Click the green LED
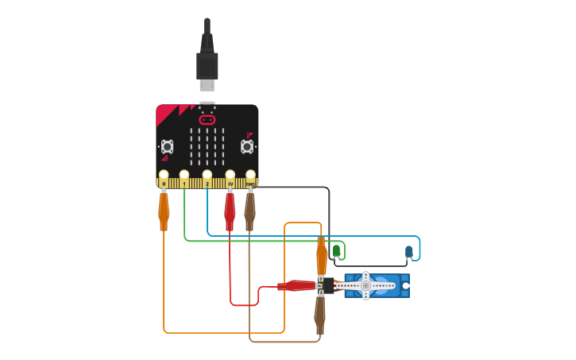(x=336, y=251)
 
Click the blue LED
(x=409, y=252)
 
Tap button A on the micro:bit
(x=167, y=146)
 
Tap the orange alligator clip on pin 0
(x=164, y=210)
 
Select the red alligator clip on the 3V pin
(x=230, y=210)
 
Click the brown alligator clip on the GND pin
(x=249, y=210)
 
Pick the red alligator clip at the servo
(x=298, y=285)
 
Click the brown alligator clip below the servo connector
(x=320, y=313)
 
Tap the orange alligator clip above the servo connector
(x=321, y=256)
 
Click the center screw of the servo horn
(x=365, y=285)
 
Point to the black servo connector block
(x=329, y=285)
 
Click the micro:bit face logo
(x=207, y=120)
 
